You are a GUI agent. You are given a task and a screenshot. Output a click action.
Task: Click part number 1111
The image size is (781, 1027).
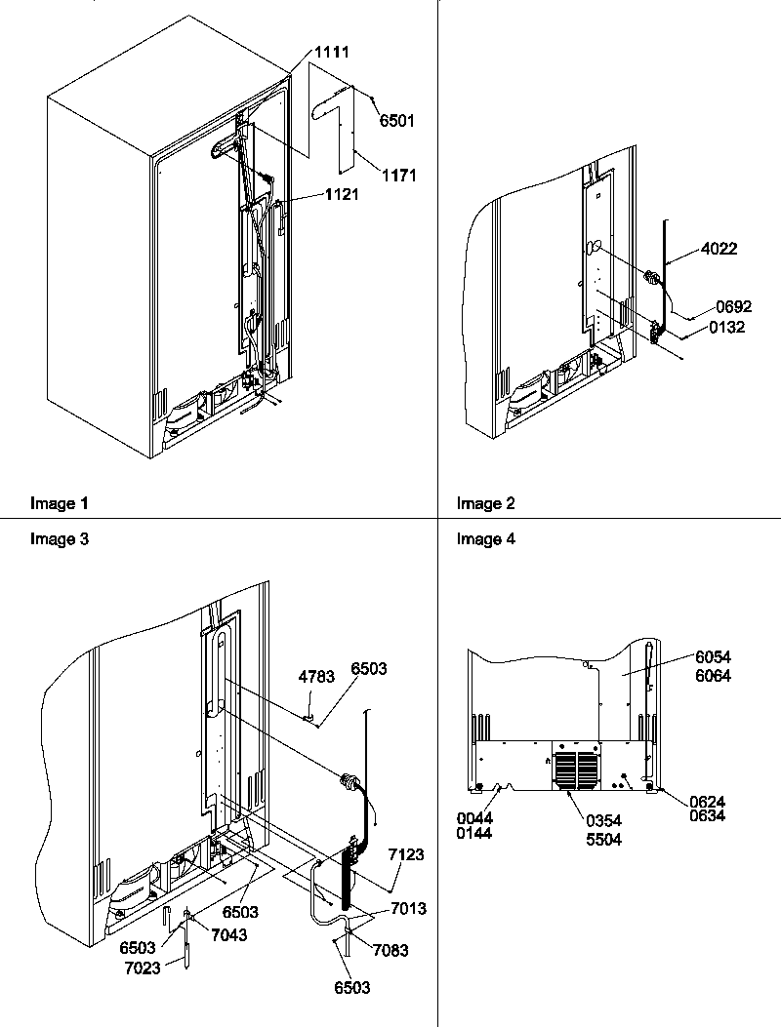click(x=331, y=52)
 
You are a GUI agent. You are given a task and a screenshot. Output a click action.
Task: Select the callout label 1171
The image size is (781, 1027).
click(x=399, y=176)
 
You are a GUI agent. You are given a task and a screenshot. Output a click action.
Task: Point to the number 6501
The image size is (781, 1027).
click(x=397, y=121)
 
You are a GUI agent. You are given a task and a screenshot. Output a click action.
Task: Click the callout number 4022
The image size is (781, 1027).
click(x=719, y=249)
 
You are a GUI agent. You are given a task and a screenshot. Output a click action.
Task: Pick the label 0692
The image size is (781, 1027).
click(x=733, y=307)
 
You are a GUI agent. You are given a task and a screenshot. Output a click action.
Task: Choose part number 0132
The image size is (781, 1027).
click(x=726, y=328)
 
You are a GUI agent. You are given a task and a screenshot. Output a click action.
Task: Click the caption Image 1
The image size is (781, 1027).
click(x=60, y=504)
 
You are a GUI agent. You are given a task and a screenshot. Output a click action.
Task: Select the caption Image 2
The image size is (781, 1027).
click(x=485, y=504)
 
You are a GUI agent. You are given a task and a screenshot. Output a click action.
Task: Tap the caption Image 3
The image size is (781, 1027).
click(x=60, y=539)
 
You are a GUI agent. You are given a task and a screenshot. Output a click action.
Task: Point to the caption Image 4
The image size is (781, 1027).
click(x=485, y=539)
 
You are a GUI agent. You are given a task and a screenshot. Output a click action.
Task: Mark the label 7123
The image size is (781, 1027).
click(x=406, y=854)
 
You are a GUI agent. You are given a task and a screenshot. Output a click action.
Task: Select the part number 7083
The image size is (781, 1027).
click(x=390, y=950)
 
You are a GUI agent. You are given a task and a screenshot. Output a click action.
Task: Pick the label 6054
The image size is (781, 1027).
click(x=713, y=657)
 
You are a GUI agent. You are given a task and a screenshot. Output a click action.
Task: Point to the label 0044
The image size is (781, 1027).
click(x=474, y=817)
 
